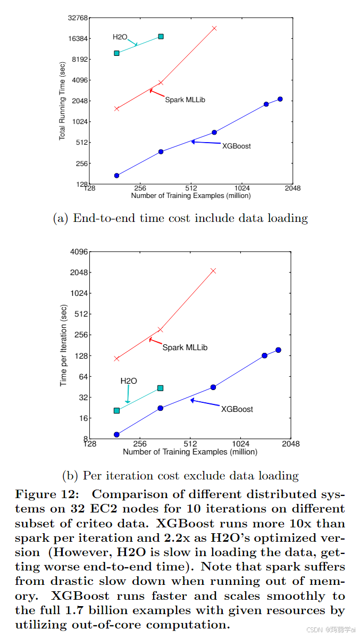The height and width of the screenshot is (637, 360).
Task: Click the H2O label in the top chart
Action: click(x=120, y=37)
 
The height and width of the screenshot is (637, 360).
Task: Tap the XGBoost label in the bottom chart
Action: click(x=237, y=409)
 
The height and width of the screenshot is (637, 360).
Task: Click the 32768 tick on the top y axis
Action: click(x=77, y=18)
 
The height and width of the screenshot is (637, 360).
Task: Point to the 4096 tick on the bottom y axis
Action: click(x=79, y=252)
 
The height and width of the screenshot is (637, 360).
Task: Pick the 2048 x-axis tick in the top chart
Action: click(x=292, y=188)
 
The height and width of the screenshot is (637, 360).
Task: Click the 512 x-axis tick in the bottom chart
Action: click(x=190, y=443)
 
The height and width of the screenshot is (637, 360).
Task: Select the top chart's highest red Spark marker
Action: click(x=214, y=28)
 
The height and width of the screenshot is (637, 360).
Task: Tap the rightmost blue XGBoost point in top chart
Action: click(x=280, y=99)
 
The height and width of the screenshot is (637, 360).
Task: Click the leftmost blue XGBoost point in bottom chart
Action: click(x=116, y=435)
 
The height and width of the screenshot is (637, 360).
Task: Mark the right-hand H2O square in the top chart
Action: click(x=161, y=36)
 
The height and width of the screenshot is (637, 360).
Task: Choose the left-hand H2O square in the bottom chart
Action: click(x=116, y=410)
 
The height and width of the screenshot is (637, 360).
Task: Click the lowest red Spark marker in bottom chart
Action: click(x=116, y=359)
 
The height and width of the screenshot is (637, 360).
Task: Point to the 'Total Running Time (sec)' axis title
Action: click(x=62, y=101)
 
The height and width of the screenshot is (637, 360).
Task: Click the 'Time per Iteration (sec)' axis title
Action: click(x=63, y=345)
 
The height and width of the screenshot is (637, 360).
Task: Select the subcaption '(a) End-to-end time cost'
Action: click(x=180, y=218)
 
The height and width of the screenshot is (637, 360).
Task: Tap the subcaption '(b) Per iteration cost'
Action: click(x=180, y=476)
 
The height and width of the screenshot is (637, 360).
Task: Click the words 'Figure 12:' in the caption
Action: click(x=47, y=494)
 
